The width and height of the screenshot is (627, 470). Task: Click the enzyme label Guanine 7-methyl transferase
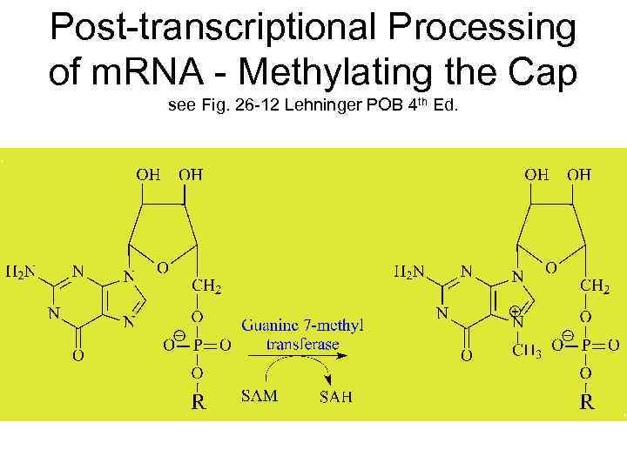click(302, 334)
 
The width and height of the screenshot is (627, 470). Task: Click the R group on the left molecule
click(198, 403)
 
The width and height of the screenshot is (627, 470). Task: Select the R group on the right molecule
click(588, 403)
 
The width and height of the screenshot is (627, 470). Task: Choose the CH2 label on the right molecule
click(595, 286)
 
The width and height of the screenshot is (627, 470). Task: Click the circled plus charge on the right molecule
click(516, 310)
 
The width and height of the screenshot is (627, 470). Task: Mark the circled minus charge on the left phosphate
click(179, 335)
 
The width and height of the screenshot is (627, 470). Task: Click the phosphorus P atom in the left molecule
click(199, 346)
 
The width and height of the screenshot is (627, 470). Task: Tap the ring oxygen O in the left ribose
click(163, 268)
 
